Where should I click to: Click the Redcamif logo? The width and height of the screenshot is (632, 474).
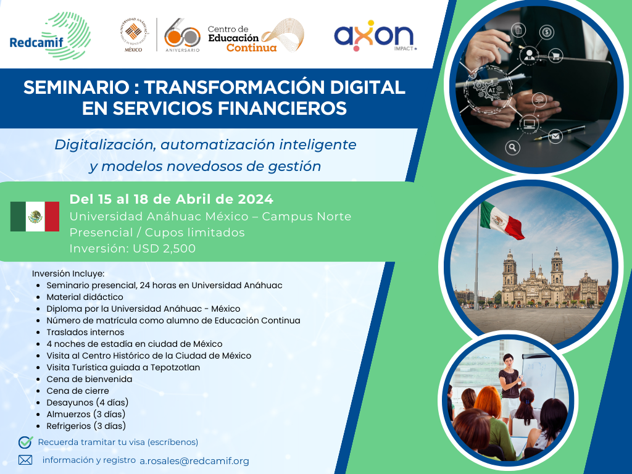click(50, 36)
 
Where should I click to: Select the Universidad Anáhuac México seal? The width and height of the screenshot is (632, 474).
click(134, 35)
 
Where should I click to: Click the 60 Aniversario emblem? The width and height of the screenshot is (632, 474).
click(182, 35)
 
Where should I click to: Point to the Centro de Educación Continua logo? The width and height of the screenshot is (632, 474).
click(256, 35)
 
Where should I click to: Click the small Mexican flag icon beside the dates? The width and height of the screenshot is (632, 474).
click(35, 217)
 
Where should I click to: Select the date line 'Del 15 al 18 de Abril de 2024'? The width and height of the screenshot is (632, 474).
click(172, 199)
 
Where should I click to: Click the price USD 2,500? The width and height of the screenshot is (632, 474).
click(164, 248)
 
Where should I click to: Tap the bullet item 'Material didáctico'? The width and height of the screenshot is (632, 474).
click(85, 297)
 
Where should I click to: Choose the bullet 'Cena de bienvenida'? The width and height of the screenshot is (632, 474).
click(89, 380)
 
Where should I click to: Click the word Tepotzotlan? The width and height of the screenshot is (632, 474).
click(175, 368)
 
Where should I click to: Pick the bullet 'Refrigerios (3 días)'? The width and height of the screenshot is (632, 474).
click(86, 426)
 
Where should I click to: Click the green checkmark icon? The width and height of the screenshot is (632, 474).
click(25, 442)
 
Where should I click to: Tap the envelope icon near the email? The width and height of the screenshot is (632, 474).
click(25, 460)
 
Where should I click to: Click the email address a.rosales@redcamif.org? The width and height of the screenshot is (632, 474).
click(194, 461)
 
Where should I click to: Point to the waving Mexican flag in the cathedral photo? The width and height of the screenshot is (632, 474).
click(502, 220)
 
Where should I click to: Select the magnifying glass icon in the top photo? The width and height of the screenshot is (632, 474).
click(512, 148)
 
